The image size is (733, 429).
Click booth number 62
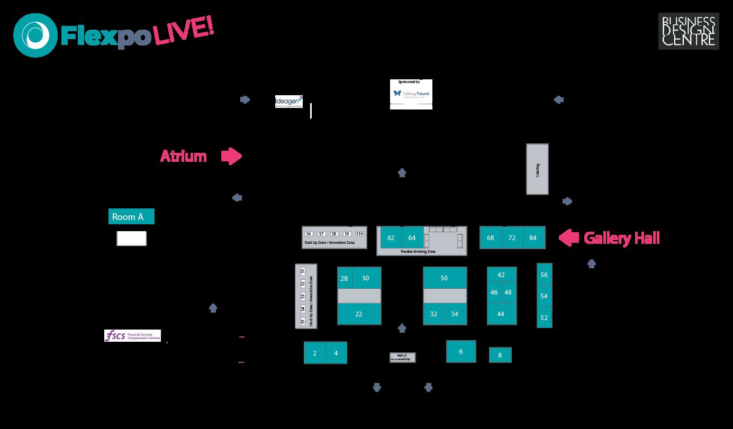coord(391,238)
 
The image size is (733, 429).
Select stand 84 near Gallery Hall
coord(533,238)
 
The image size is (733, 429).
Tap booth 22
coord(359,314)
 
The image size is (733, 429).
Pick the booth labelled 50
coord(445,278)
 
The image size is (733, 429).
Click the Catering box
coord(537,169)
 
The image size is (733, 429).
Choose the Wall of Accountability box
coord(403,358)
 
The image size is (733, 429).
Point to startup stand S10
coord(360,234)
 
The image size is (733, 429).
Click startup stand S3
coord(303,296)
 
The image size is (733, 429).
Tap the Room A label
coord(131,217)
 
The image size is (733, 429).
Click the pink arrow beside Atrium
coord(231,156)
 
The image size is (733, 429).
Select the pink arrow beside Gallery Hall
coord(569,238)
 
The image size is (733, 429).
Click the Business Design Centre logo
coord(689,32)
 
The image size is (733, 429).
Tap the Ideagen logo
coord(289,102)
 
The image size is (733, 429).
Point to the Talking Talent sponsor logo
coord(411,94)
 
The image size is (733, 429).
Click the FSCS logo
coord(132,336)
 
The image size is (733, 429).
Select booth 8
coord(500,355)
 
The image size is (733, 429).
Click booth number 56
coord(544,275)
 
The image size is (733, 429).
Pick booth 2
coord(315,353)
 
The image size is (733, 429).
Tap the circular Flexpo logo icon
coord(35,35)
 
